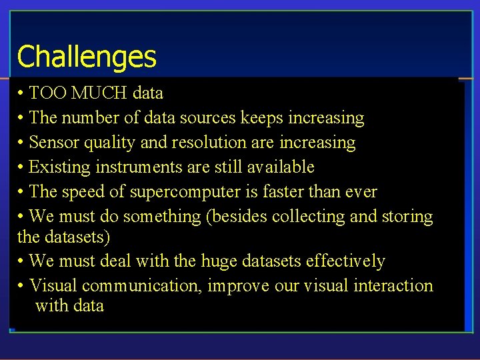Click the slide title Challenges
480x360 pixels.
click(x=87, y=57)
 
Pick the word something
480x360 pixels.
click(x=167, y=217)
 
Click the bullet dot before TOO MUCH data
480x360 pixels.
click(x=21, y=93)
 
